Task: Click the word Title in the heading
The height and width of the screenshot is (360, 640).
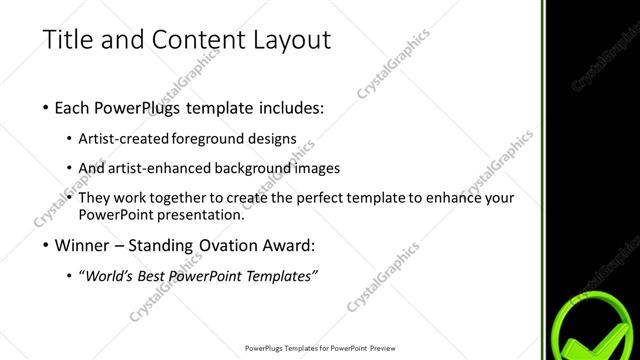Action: point(66,41)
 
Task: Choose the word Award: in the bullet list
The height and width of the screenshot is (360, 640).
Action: point(293,245)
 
